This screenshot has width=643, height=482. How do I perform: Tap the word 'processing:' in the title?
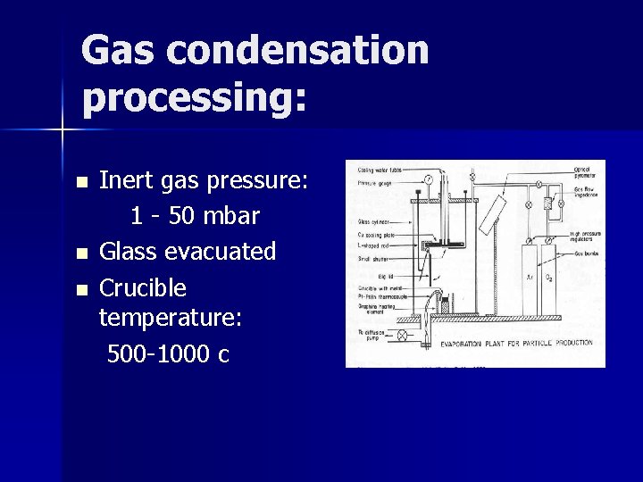coord(194,97)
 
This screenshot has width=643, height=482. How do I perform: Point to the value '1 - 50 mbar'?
coord(195,216)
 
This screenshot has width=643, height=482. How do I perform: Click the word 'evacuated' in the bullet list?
coord(224,252)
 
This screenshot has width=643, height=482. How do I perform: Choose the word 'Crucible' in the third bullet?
coord(143,288)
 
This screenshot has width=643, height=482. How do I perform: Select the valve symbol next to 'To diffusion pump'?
coord(402,335)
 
